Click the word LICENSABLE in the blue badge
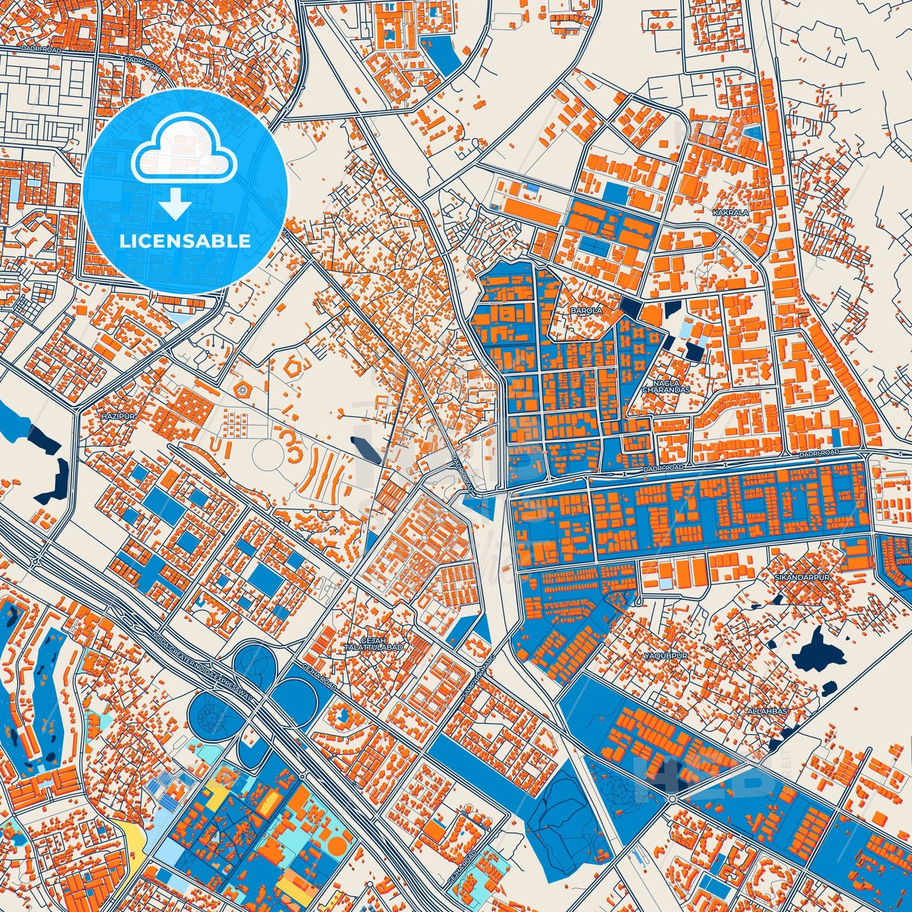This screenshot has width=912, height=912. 185,241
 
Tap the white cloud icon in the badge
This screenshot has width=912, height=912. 184,151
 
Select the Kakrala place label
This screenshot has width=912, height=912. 730,213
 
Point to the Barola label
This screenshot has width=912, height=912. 586,311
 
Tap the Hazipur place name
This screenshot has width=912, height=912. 114,417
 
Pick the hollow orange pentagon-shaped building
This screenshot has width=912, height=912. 295,367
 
